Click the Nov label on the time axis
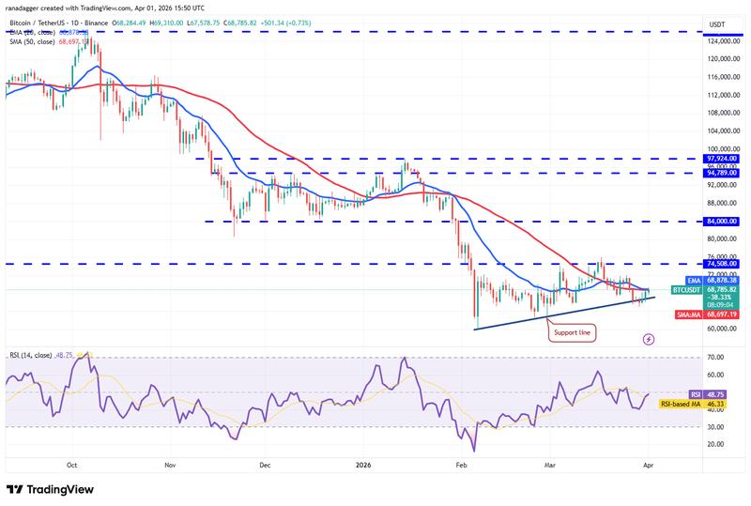coord(170,464)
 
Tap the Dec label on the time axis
coord(264,464)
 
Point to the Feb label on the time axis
coord(460,464)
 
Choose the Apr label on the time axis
coord(648,464)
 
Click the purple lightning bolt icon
coord(648,340)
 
